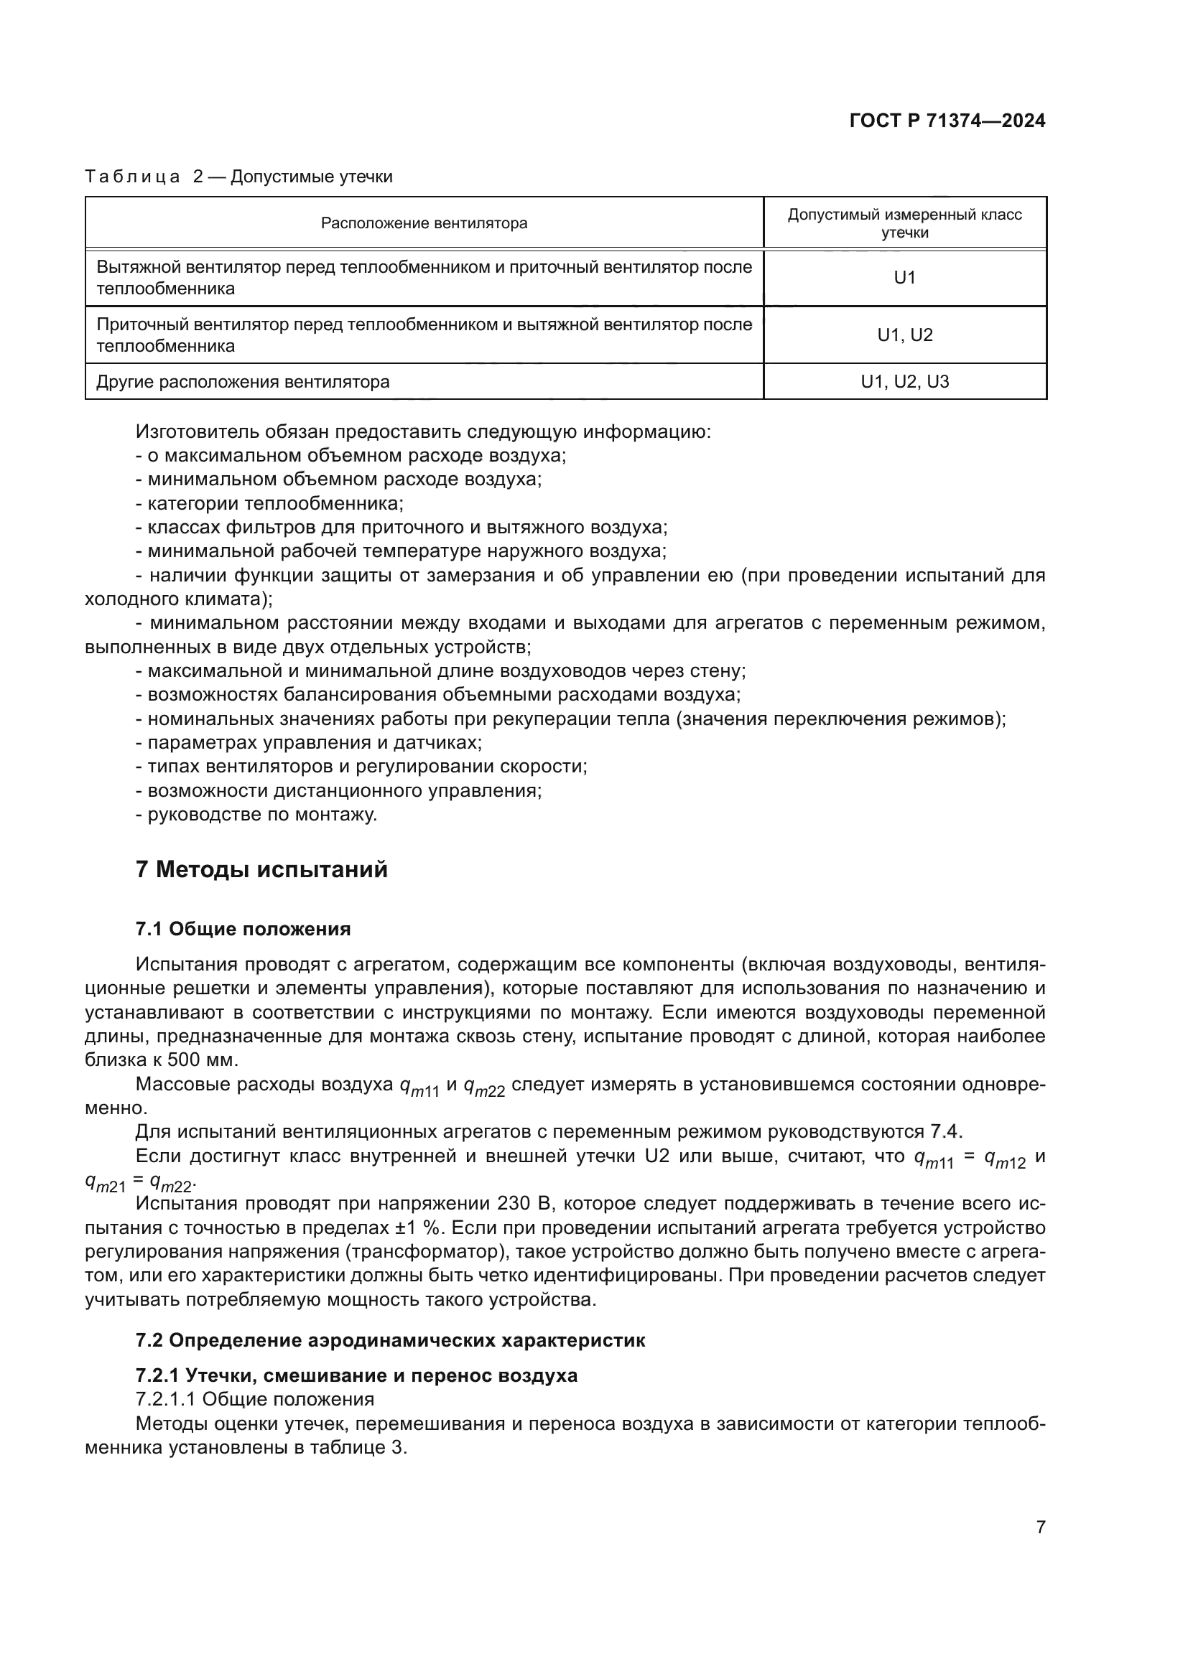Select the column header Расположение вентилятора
click(x=424, y=223)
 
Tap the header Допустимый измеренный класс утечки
click(x=904, y=223)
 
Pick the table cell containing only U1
click(x=904, y=278)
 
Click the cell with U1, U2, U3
click(x=904, y=382)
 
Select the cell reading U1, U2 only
click(x=904, y=335)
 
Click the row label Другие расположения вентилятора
click(x=243, y=382)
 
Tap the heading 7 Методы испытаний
click(x=261, y=870)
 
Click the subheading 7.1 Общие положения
click(x=243, y=930)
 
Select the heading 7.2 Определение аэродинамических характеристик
click(x=390, y=1340)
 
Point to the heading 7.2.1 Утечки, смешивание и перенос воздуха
click(x=356, y=1375)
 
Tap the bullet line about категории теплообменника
click(x=269, y=504)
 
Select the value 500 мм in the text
click(x=202, y=1060)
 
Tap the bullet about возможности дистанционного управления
click(x=338, y=790)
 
